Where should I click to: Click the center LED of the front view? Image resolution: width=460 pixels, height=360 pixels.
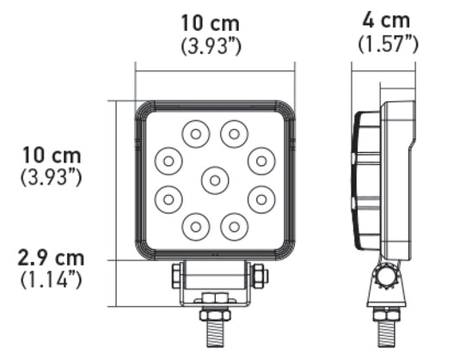tap(213, 180)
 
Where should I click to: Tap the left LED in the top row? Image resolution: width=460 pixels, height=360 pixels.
tap(195, 133)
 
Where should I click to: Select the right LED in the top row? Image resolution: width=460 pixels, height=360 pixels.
tap(232, 133)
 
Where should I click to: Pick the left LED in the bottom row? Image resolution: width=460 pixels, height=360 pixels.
tap(195, 227)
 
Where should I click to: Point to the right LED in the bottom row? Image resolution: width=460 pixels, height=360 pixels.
tap(232, 227)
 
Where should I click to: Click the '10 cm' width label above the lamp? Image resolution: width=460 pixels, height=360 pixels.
tap(210, 23)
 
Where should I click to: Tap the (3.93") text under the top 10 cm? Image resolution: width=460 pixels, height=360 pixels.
tap(210, 47)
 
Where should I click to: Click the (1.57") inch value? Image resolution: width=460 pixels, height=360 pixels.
tap(384, 43)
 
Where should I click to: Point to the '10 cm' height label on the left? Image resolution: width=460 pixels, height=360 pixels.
tap(52, 156)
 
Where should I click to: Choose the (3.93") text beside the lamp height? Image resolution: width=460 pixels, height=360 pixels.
tap(51, 178)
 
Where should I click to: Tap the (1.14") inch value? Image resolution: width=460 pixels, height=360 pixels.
tap(52, 280)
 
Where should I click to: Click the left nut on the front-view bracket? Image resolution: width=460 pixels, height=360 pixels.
tap(177, 276)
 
